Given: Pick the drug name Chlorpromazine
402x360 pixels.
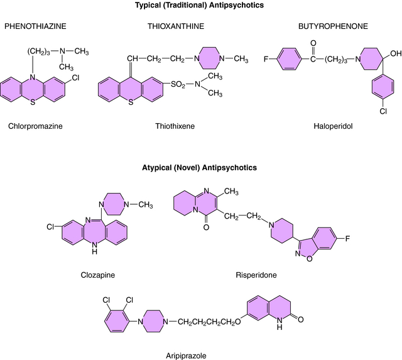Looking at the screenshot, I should (36, 126).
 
